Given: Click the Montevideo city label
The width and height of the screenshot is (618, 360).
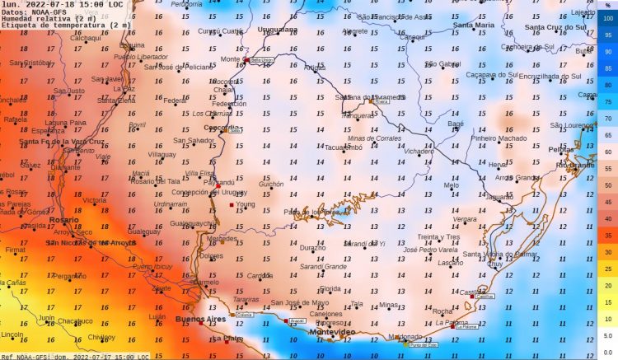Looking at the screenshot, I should click(x=331, y=331).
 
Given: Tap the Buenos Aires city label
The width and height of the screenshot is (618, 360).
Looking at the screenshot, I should click(x=201, y=318).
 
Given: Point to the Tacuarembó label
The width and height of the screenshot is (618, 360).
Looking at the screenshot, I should click(x=344, y=147).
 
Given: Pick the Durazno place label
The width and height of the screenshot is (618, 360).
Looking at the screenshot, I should click(x=312, y=247).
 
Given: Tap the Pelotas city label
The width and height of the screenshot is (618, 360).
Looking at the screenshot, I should click(x=561, y=150).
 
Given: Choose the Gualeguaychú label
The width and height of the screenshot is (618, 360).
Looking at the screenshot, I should click(x=193, y=223).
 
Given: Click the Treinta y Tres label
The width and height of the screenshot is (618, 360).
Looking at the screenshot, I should click(x=438, y=236).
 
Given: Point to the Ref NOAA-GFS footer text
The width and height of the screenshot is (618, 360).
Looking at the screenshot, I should click(x=74, y=356).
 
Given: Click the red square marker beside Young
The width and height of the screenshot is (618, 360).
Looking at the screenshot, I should click(x=232, y=204).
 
